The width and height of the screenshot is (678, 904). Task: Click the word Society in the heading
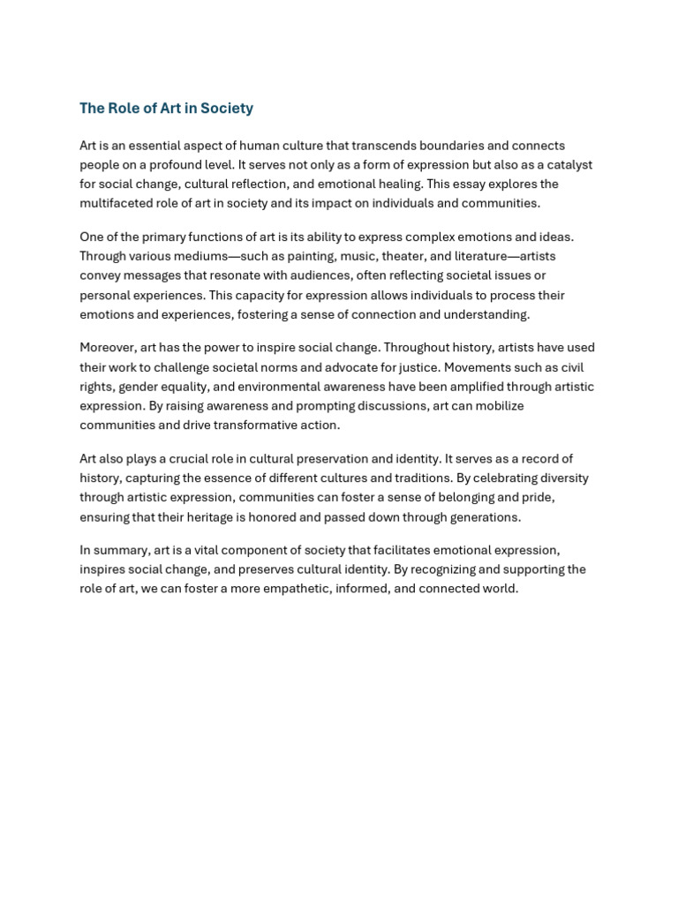(226, 109)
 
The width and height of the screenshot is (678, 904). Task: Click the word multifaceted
(117, 203)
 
